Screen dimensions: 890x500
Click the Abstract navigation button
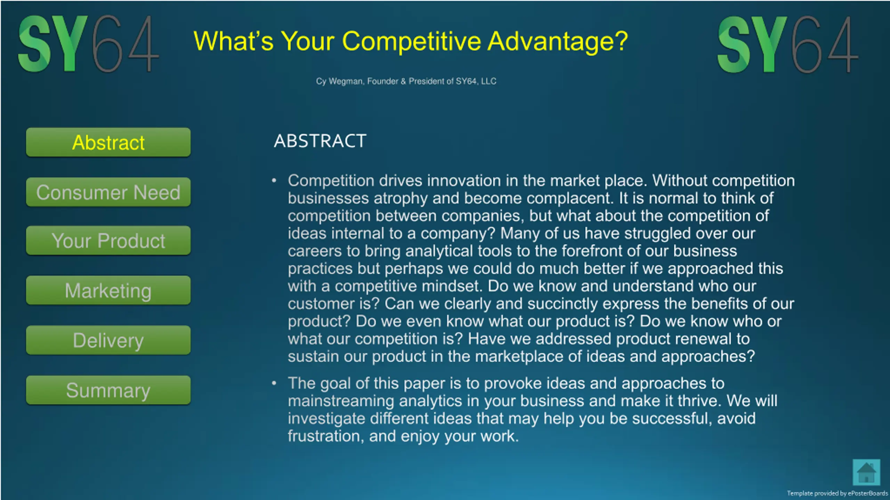click(x=108, y=142)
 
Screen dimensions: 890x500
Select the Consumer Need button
click(x=108, y=192)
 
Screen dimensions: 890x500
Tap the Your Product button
click(x=108, y=240)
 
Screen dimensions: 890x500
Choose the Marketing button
click(x=108, y=290)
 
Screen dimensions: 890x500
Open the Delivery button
click(x=108, y=340)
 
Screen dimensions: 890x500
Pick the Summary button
click(x=108, y=390)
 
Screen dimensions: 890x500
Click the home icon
click(x=866, y=473)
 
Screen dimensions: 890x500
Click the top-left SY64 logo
click(x=88, y=44)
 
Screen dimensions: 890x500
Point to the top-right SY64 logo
click(x=788, y=44)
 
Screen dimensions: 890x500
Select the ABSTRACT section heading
click(x=320, y=141)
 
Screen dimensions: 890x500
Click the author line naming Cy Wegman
click(x=406, y=81)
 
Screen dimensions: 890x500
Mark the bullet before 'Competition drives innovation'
click(x=274, y=180)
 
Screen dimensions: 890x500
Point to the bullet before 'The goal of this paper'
click(x=274, y=383)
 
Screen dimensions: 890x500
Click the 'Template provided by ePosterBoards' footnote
click(x=837, y=493)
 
